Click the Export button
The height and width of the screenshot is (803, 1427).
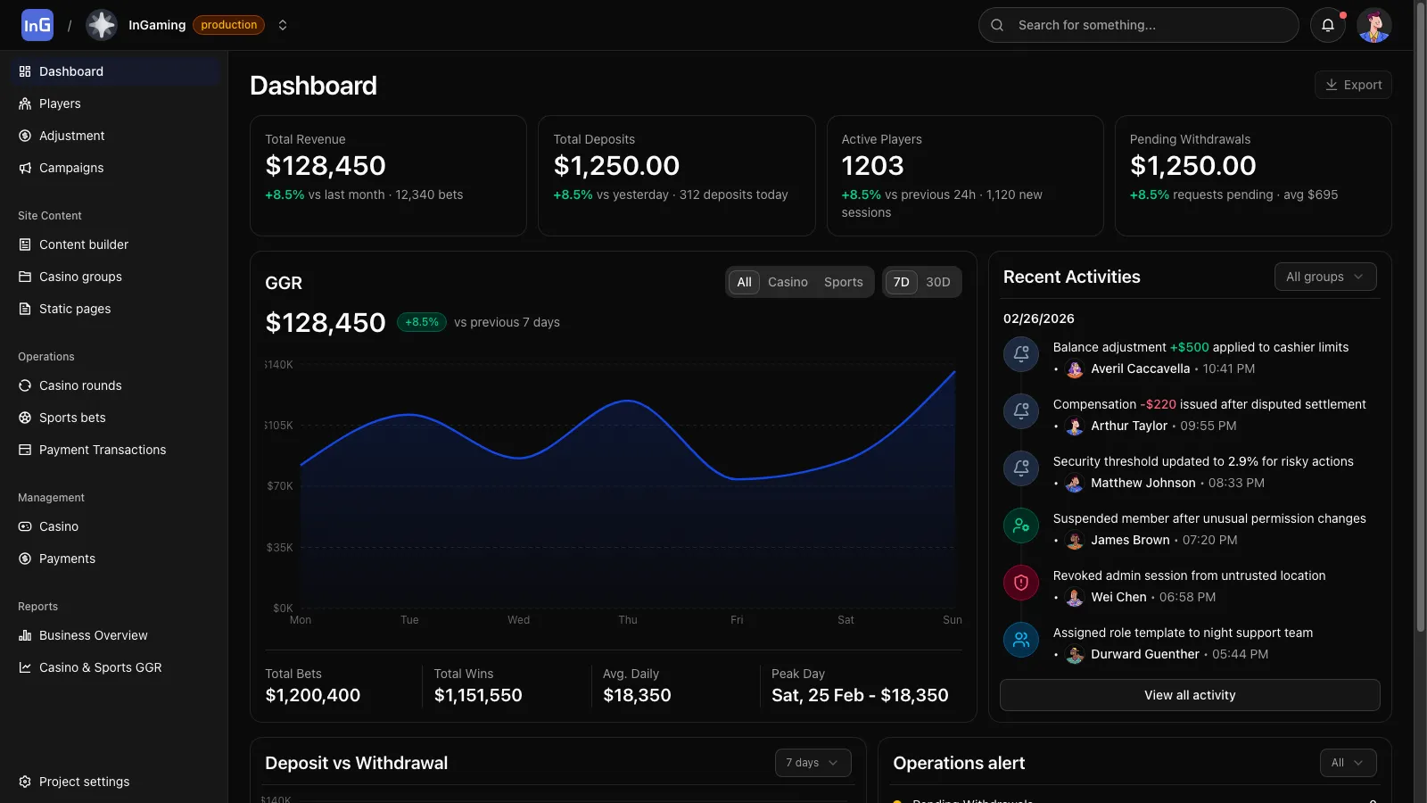(1353, 85)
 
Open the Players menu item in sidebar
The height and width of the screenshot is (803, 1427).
(60, 103)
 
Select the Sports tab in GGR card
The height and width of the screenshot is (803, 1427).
(843, 282)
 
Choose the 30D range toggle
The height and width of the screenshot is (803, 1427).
(937, 282)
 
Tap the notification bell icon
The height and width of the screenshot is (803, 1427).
(1327, 25)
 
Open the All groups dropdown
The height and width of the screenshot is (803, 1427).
(1324, 277)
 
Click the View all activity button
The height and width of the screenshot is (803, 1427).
(1189, 695)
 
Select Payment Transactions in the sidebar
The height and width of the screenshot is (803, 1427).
(103, 450)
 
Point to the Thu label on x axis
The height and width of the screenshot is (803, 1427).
(628, 620)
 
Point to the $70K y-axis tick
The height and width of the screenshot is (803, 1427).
(280, 486)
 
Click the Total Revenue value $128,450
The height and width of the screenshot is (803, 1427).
(326, 166)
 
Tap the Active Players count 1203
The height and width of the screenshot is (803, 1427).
(872, 166)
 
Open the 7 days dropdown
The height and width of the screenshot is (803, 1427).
(812, 763)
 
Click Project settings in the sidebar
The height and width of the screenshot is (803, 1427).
(84, 782)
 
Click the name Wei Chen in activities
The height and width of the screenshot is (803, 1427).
(1118, 597)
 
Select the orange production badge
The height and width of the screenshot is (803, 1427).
(228, 25)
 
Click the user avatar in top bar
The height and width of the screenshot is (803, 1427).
(1373, 25)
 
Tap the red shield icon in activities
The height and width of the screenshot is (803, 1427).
(1021, 583)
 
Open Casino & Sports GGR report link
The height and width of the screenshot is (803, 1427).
(100, 667)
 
